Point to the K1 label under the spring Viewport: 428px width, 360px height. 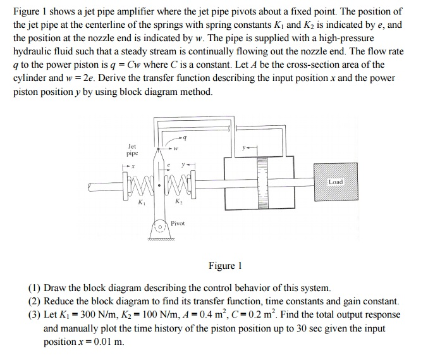click(x=141, y=203)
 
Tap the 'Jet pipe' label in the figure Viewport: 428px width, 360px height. click(x=131, y=149)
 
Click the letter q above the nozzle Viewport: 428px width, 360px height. click(x=184, y=137)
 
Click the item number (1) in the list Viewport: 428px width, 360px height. click(x=35, y=289)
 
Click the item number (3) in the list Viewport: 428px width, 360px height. click(x=35, y=314)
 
